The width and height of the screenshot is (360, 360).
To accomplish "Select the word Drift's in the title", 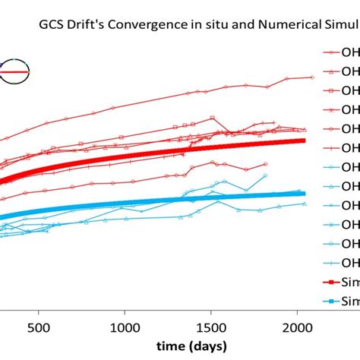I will [85, 24].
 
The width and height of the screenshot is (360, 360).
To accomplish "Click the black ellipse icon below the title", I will [13, 72].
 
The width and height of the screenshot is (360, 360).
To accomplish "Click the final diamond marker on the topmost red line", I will [312, 77].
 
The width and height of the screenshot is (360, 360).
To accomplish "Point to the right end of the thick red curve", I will [305, 140].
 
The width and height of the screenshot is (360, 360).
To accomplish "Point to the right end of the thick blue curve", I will [305, 193].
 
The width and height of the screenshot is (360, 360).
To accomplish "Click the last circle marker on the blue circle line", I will [266, 175].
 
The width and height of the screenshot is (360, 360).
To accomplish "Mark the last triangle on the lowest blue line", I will [305, 203].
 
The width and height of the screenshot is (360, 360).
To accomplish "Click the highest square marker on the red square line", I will [213, 118].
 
